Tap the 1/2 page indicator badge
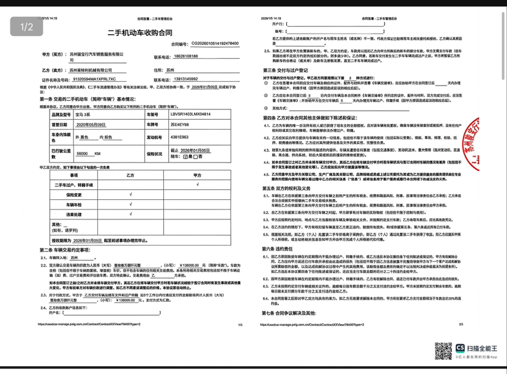26,27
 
